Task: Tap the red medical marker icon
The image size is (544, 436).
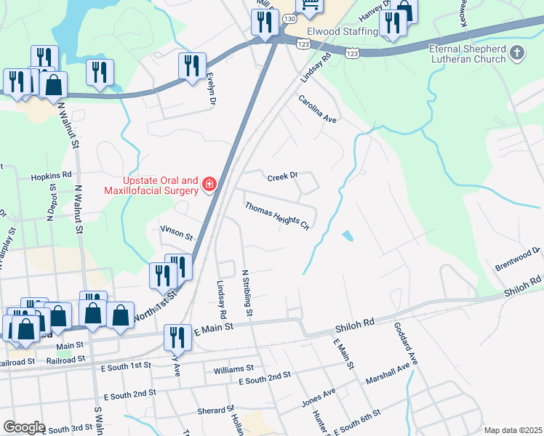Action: (x=209, y=185)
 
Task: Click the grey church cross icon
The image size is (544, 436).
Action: (x=517, y=52)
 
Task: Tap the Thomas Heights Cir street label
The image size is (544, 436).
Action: (x=277, y=217)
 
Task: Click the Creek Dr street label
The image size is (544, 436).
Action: (x=283, y=177)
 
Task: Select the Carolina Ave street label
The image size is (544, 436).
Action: (x=317, y=108)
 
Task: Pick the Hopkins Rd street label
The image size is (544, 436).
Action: (x=51, y=176)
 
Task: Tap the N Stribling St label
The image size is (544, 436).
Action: (x=247, y=293)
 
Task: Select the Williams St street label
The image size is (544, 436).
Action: (x=233, y=370)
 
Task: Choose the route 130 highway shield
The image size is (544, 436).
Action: (x=289, y=18)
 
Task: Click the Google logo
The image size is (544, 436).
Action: (x=24, y=427)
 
